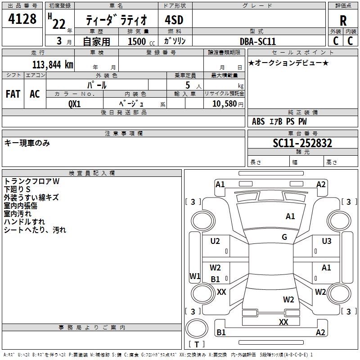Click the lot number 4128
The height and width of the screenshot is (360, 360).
[x=22, y=19]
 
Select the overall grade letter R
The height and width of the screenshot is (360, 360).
[x=343, y=21]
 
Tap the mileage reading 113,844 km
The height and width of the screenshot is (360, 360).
[x=52, y=64]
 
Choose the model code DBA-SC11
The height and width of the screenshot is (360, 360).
[x=258, y=41]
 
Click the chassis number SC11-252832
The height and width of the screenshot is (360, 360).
[x=302, y=143]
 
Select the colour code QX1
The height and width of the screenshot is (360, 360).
[x=75, y=103]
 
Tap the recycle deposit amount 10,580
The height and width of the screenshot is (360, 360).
[x=224, y=103]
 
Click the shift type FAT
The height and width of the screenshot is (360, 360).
[x=13, y=94]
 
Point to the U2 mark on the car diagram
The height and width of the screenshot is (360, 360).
[x=216, y=241]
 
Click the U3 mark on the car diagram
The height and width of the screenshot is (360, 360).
[x=327, y=241]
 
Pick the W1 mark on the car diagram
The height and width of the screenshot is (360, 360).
[x=195, y=276]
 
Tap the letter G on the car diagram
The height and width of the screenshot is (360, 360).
[x=284, y=237]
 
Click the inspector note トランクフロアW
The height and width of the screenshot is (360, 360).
[x=31, y=181]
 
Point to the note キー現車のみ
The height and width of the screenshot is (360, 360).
[x=27, y=143]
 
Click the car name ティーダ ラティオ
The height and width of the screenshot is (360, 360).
[x=116, y=21]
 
